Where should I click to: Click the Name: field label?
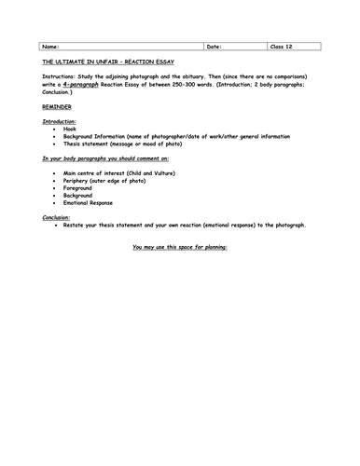(51, 45)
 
